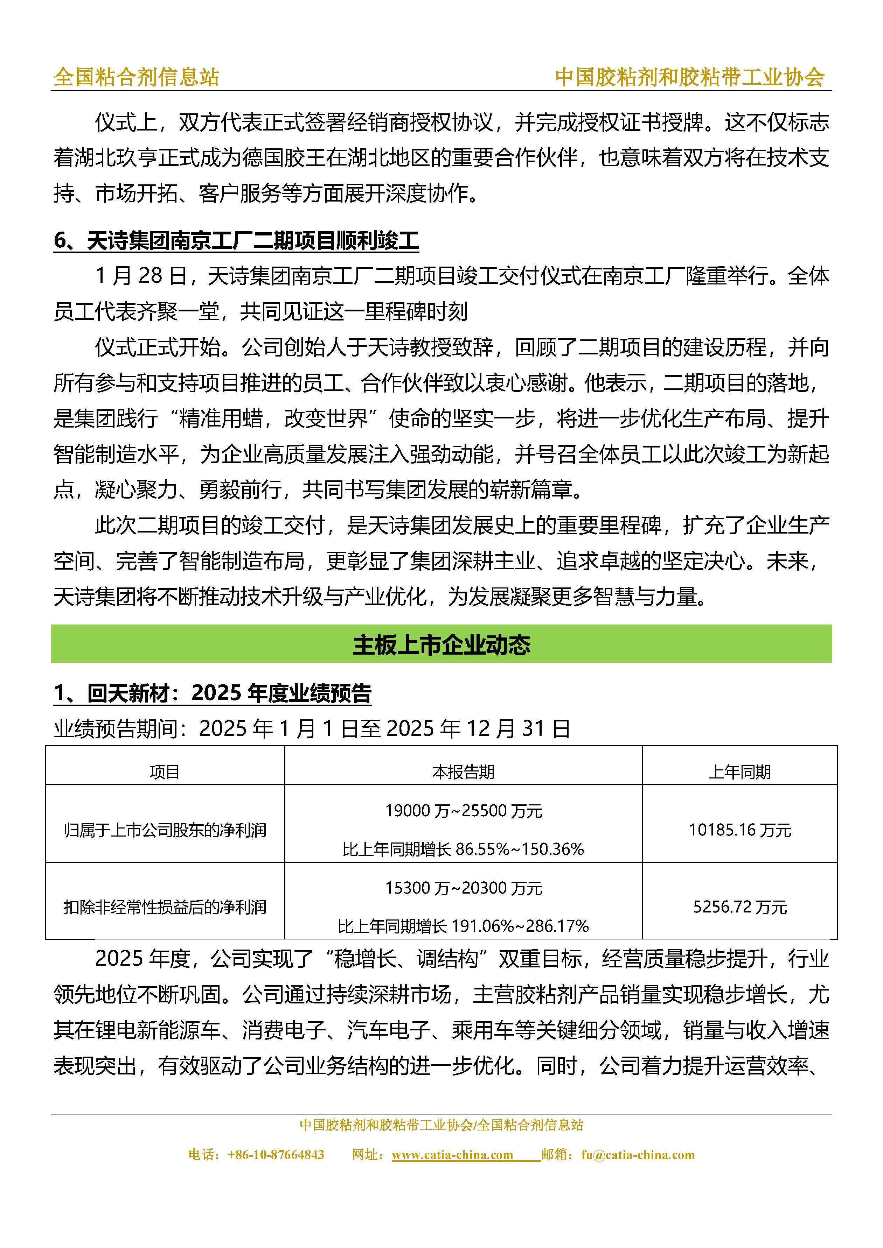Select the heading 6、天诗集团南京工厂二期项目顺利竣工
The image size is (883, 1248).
tap(236, 241)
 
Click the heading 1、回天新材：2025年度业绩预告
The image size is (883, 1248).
tap(212, 693)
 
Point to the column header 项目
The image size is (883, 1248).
tap(164, 772)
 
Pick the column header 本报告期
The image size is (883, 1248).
tap(463, 772)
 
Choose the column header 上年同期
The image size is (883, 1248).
tap(739, 772)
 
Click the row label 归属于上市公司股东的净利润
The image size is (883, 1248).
tap(165, 830)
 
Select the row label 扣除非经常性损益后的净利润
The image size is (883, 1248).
tap(165, 907)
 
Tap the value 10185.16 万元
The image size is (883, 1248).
tap(739, 830)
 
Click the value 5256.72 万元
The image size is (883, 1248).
tap(739, 907)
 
